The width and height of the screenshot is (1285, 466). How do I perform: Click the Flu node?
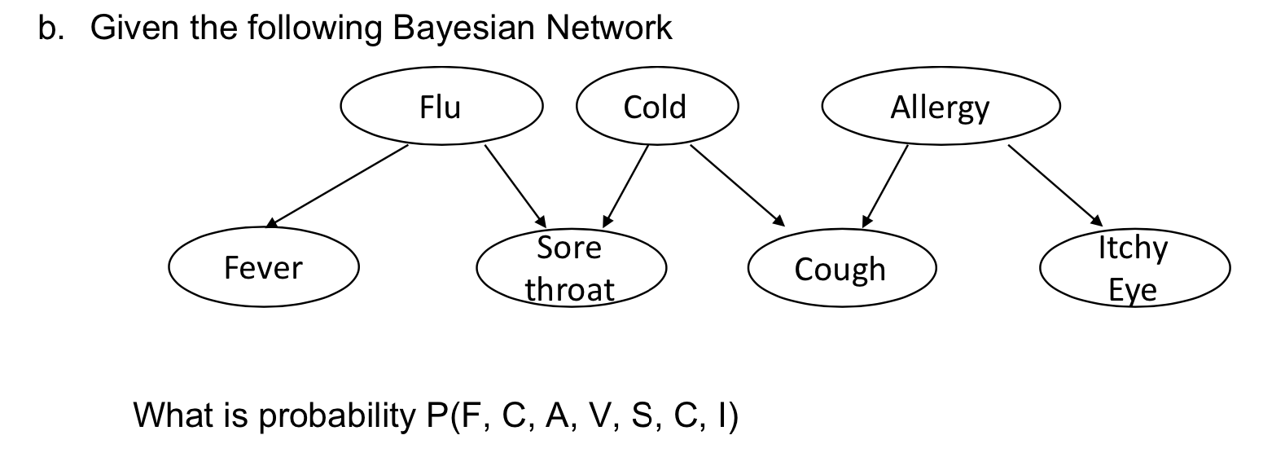click(x=441, y=107)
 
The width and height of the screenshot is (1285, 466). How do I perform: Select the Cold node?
click(x=656, y=107)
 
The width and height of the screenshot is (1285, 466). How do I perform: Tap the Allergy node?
click(x=940, y=107)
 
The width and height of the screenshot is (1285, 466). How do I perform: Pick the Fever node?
click(x=263, y=268)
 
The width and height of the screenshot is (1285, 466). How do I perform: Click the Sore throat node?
click(x=570, y=268)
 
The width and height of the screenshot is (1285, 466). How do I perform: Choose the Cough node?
click(x=840, y=269)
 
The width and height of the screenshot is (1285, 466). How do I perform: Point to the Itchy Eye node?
click(x=1134, y=268)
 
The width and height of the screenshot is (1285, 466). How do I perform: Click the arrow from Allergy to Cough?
click(x=885, y=185)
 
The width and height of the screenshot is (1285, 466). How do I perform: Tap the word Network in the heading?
click(x=609, y=29)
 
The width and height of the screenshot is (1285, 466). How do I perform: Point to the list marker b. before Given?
click(x=50, y=29)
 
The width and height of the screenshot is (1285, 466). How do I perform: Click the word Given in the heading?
click(x=135, y=29)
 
